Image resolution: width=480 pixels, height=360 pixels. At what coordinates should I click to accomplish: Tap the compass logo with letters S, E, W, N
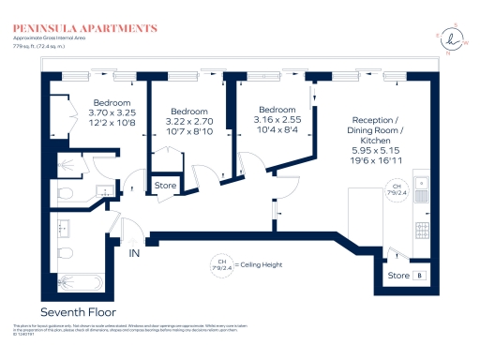tap(454, 38)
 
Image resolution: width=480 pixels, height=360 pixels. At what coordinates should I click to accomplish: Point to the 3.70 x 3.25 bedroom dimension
tap(111, 112)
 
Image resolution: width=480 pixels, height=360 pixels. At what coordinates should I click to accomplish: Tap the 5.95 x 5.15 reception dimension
tap(376, 150)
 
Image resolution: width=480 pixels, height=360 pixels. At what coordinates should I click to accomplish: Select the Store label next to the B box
tap(398, 276)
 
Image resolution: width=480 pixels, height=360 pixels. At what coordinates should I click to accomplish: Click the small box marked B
tap(419, 276)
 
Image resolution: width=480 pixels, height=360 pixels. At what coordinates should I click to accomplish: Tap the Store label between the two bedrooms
tap(165, 186)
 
